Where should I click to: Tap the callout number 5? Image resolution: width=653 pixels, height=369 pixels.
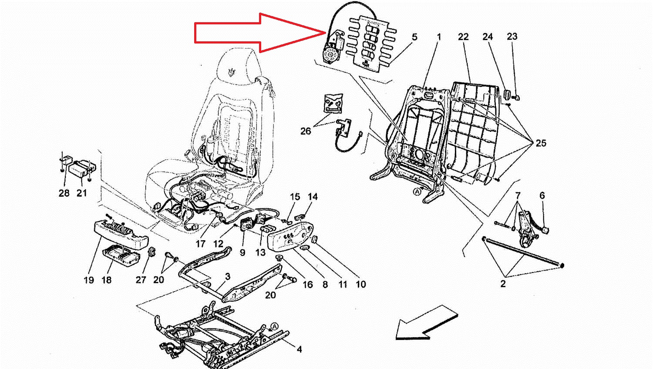click(414, 37)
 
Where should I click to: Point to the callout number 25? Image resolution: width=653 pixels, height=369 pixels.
click(540, 143)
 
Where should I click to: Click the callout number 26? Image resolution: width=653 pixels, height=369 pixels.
click(306, 131)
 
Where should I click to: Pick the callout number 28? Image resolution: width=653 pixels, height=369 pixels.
click(64, 193)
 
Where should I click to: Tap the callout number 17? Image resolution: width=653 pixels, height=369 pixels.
click(200, 244)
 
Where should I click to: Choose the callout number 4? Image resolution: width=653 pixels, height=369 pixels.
click(299, 349)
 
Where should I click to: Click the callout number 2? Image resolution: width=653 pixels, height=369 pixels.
click(503, 284)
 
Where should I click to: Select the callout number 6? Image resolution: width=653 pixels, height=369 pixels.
click(542, 196)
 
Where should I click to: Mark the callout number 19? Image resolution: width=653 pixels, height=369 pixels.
click(89, 280)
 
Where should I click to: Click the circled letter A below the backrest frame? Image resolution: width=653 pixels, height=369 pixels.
click(417, 191)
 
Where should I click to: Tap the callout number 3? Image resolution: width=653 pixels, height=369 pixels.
click(227, 277)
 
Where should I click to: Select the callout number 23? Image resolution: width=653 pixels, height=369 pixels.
click(512, 37)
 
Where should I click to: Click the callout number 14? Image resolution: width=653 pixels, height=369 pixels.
click(313, 197)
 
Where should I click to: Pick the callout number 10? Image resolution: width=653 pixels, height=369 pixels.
click(360, 285)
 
